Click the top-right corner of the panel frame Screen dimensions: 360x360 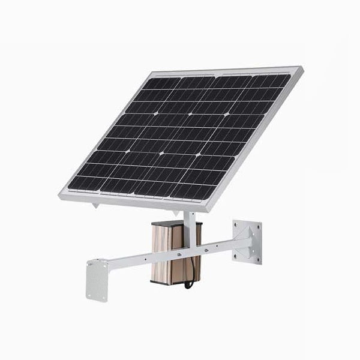pyautogui.click(x=302, y=68)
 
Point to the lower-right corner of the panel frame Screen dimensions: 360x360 pyautogui.click(x=209, y=211)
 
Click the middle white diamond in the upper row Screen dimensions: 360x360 pyautogui.click(x=190, y=113)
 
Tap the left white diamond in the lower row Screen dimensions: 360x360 pyautogui.click(x=161, y=153)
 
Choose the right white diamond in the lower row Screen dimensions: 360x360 pyautogui.click(x=197, y=155)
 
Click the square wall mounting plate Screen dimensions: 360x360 pyautogui.click(x=247, y=242)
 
